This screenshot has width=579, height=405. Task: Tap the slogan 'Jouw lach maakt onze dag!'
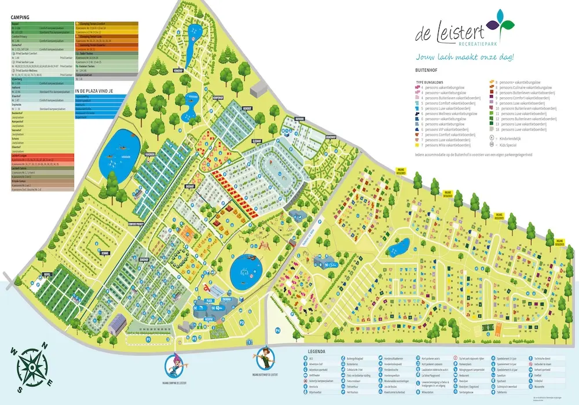click(464, 57)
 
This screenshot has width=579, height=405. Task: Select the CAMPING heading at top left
click(20, 18)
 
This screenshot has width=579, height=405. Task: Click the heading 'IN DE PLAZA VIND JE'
click(97, 91)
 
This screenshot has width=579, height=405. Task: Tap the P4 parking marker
click(278, 330)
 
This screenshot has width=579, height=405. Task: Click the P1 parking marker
click(148, 339)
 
